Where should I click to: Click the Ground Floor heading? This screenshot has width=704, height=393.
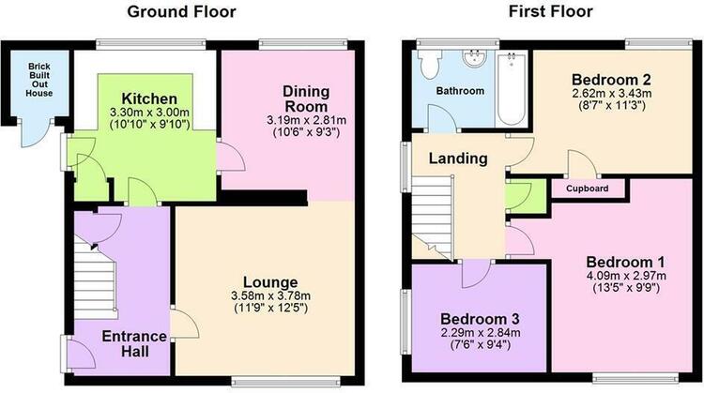(x=181, y=11)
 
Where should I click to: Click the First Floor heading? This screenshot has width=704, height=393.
(x=550, y=11)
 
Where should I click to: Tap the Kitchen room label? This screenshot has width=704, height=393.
(x=149, y=98)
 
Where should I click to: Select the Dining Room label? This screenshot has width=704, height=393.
(x=306, y=99)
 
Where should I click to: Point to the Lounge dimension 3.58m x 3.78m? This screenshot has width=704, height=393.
(x=270, y=296)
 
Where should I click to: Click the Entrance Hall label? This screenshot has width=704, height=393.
(x=134, y=343)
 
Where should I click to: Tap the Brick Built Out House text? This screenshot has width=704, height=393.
(x=39, y=80)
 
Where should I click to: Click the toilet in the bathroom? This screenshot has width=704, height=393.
(x=428, y=64)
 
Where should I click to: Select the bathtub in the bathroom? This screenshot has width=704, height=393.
(x=512, y=89)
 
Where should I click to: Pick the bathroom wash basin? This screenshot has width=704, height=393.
(x=476, y=59)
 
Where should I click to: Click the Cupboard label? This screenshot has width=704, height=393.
(x=588, y=189)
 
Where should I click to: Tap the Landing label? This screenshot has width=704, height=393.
(x=458, y=159)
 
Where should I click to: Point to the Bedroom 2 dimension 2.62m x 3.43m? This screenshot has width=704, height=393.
(x=611, y=94)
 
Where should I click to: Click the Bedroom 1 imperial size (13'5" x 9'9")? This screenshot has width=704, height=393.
(x=626, y=287)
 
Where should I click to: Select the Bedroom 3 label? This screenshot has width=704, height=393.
(x=480, y=319)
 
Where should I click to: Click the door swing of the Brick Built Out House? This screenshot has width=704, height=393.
(x=36, y=133)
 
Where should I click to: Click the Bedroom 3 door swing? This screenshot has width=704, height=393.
(x=476, y=275)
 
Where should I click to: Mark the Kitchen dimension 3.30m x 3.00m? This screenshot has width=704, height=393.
(x=149, y=113)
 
